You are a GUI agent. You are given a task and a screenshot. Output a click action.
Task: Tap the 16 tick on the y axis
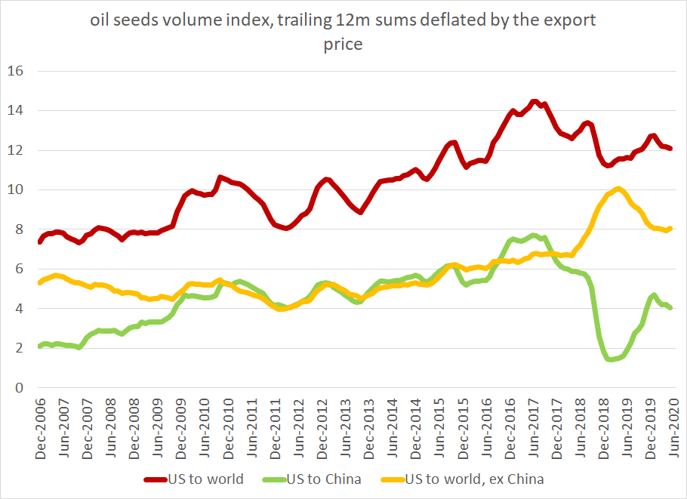pos(17,72)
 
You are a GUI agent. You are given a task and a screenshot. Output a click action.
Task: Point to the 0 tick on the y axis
pos(21,388)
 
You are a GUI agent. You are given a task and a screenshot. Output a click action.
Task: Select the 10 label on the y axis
pos(17,190)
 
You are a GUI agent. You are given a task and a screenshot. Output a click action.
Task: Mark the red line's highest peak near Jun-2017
pos(534,101)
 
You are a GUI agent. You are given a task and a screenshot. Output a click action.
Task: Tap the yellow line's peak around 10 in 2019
pos(618,189)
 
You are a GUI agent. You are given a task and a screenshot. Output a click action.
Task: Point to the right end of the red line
pos(670,149)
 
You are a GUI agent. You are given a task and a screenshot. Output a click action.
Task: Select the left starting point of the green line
pos(39,347)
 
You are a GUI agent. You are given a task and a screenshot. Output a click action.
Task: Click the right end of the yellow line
pos(670,229)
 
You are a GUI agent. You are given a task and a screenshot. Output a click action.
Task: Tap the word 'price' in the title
pos(343,45)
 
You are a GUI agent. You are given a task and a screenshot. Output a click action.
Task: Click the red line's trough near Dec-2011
pos(286,228)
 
